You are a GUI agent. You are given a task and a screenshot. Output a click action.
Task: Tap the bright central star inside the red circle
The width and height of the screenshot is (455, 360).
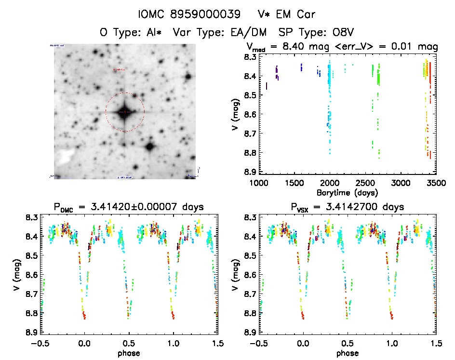point(125,112)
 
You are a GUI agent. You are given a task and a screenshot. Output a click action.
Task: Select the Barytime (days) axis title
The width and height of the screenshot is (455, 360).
point(347,192)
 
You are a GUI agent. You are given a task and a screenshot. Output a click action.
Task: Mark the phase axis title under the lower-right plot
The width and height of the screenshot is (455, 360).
point(347,353)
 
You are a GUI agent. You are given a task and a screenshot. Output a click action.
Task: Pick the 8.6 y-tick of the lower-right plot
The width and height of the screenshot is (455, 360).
point(249,275)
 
